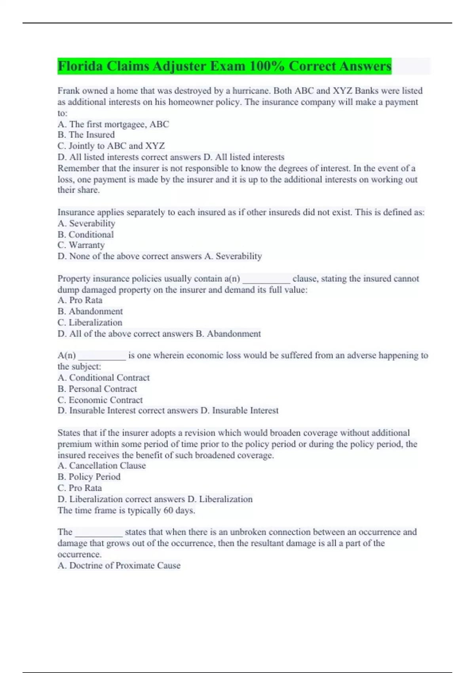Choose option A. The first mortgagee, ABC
113,124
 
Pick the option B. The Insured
86,135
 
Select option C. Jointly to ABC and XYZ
111,146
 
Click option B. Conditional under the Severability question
85,234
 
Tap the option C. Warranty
81,245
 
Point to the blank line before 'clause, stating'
266,279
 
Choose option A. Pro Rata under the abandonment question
80,300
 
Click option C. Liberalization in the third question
90,323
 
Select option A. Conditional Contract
104,378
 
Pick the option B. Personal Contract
97,389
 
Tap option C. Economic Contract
100,400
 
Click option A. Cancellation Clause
102,466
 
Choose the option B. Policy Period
89,477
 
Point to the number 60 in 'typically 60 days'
168,510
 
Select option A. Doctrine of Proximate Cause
119,565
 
